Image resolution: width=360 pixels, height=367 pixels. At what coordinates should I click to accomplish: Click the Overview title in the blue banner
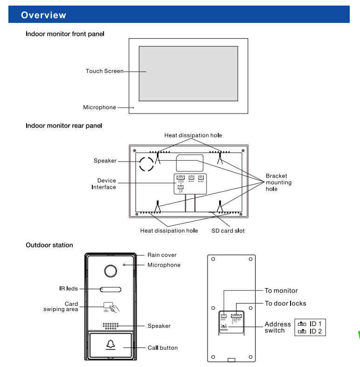44,15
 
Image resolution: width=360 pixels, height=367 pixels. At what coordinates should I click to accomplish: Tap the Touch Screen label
104,71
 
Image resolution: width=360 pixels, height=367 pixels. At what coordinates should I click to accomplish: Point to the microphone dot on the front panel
134,108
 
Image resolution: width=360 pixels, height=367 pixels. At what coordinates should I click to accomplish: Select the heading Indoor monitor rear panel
64,126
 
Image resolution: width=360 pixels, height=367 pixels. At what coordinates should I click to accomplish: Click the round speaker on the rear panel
145,163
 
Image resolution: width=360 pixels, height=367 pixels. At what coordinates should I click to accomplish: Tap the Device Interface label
104,184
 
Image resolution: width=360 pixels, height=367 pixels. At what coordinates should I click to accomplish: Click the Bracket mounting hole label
278,183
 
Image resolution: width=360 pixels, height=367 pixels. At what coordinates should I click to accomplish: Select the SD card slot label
228,231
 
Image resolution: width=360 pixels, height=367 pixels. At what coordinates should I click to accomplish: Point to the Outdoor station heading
49,245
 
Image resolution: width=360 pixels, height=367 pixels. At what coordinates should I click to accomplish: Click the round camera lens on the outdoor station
110,271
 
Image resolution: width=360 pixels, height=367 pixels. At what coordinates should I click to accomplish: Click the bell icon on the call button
110,345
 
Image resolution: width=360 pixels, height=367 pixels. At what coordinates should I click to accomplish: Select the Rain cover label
162,255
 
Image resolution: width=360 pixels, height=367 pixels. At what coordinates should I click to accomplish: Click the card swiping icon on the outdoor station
111,307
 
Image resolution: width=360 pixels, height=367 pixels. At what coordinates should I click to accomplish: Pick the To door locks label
285,303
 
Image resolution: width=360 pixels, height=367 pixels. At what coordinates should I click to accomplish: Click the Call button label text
162,348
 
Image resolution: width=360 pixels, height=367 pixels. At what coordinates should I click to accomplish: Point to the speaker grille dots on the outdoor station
110,325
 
